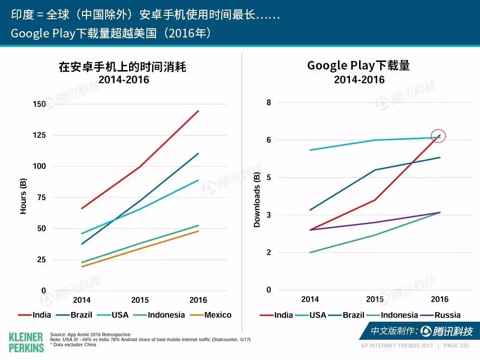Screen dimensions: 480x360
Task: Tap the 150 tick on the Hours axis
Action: coord(39,104)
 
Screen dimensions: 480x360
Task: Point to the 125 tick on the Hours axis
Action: coord(39,135)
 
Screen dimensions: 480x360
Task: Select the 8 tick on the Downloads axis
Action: coord(268,103)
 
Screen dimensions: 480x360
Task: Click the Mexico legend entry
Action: coord(211,315)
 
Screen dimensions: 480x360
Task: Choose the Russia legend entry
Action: coord(440,315)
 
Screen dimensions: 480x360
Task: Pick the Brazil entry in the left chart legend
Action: coord(74,315)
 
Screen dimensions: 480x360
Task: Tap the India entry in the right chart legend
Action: coord(276,315)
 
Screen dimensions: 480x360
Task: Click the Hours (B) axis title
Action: coord(23,196)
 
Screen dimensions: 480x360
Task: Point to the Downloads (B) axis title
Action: coord(256,200)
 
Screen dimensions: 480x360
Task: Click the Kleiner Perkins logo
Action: coord(26,343)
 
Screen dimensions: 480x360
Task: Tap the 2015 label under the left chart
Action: coord(140,300)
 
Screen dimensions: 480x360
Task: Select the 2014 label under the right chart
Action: coord(310,299)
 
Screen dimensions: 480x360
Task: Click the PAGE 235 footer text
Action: coord(456,346)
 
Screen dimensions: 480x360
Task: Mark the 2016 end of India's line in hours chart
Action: coord(198,111)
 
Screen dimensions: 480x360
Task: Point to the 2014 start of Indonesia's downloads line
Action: coord(310,252)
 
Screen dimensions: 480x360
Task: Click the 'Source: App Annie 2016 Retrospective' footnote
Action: coord(90,335)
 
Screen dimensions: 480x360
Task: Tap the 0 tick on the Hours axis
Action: coord(44,290)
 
